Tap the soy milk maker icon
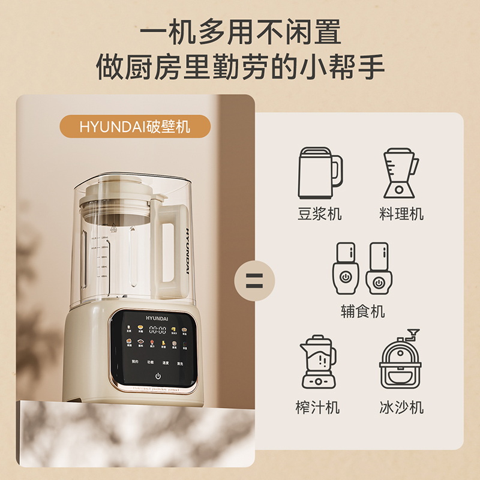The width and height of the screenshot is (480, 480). pos(320,173)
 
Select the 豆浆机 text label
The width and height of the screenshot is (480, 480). pos(319,214)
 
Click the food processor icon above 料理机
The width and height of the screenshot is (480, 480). pos(401,173)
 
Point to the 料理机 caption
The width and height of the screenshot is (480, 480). pos(401,214)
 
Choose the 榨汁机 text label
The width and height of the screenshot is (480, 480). pos(318,408)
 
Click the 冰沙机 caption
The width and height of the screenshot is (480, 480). pos(401,408)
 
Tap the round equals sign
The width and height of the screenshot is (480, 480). pos(254,280)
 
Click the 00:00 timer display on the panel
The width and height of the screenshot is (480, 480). pos(157,329)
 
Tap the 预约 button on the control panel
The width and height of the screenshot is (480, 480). pos(134,362)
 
